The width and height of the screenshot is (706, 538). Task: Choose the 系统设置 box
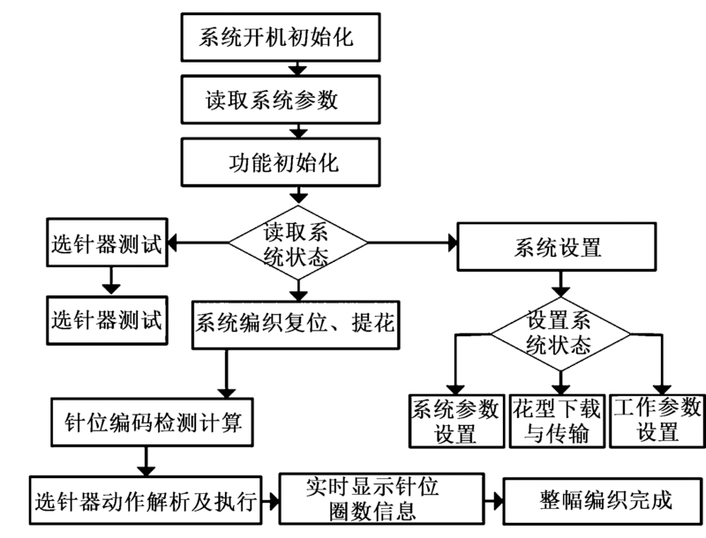coord(557,247)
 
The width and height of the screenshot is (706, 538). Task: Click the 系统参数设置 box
coord(455,420)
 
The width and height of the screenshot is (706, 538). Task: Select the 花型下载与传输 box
coord(558,420)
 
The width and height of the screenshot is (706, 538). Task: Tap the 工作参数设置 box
coord(657,420)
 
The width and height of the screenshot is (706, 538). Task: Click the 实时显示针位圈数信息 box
coord(381,499)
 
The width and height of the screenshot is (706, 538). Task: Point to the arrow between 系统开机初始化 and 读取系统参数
coord(297,69)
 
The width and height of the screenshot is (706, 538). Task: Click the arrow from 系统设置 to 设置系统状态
coord(558,284)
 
